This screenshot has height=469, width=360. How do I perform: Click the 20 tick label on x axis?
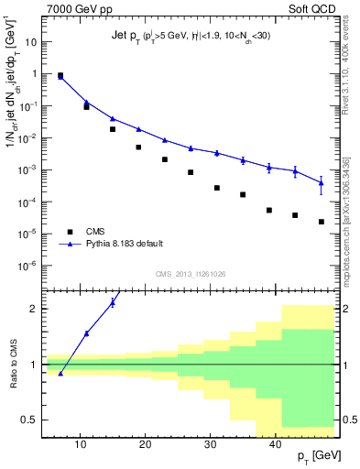coord(146,443)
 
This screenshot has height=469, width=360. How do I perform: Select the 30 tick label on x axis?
coord(211,443)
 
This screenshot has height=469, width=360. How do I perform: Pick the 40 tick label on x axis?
coord(276,443)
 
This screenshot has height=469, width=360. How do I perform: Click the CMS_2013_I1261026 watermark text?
coord(189,274)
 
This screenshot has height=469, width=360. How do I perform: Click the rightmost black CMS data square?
coord(322,222)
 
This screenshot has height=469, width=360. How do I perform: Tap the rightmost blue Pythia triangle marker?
coord(322,183)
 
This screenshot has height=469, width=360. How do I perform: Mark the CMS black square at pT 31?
coord(217,188)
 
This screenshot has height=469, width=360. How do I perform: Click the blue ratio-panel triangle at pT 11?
coord(87,333)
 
